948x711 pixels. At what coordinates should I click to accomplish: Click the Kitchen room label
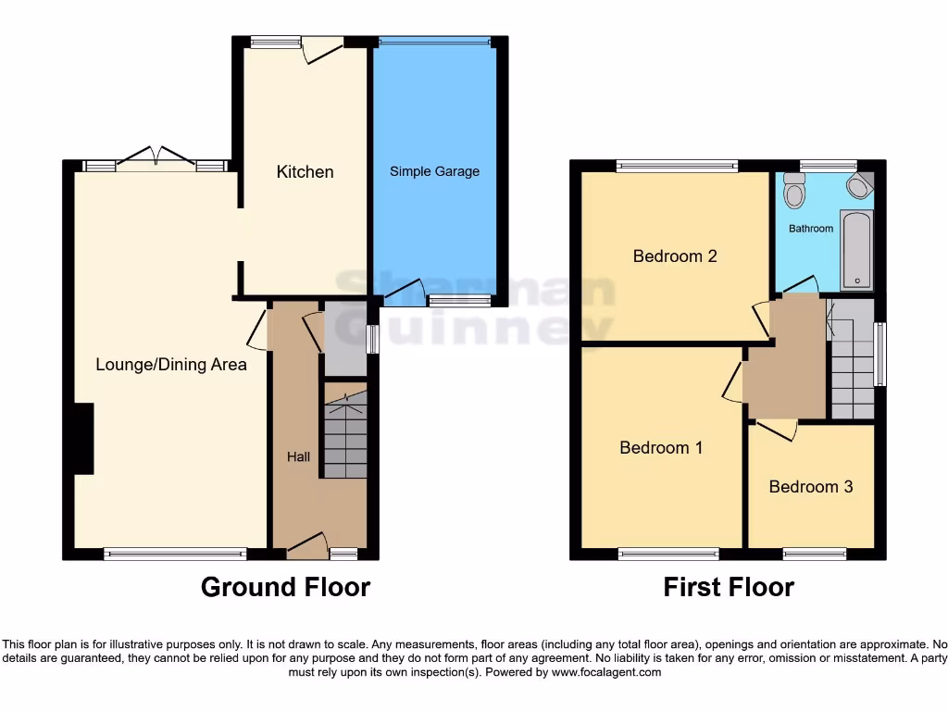pos(305,172)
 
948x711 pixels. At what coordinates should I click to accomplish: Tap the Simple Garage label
pos(434,171)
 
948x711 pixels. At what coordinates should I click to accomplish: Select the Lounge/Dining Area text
pos(171,365)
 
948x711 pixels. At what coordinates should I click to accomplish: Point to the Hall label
pos(297,457)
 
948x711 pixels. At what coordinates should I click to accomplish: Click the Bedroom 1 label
pos(661,448)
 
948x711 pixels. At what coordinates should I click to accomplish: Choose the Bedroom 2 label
pos(675,256)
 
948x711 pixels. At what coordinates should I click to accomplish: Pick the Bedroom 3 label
pos(810,487)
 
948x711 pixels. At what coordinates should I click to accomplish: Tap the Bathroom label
pos(811,228)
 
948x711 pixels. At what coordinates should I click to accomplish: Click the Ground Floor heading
pos(285,587)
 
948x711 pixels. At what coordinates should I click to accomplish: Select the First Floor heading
pos(729,587)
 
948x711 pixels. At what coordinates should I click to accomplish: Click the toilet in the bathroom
pos(793,191)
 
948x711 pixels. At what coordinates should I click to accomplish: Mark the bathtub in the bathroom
pos(856,250)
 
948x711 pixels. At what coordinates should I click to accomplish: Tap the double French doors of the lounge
pos(156,158)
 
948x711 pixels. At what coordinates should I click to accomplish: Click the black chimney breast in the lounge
pos(83,439)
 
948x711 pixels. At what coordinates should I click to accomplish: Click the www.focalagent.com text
pos(606,673)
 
